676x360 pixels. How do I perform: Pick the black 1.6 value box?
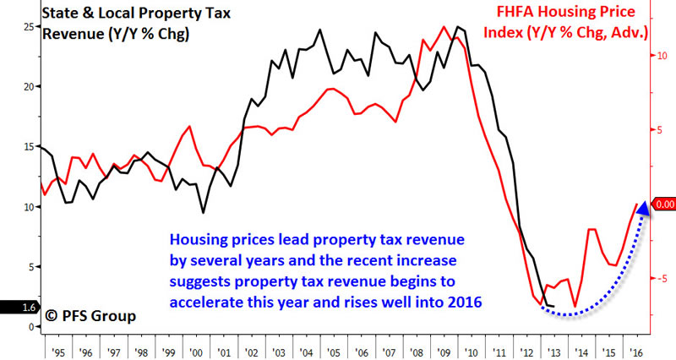15,308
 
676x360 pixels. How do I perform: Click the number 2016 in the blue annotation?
464,300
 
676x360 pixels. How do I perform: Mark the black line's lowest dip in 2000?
203,212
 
